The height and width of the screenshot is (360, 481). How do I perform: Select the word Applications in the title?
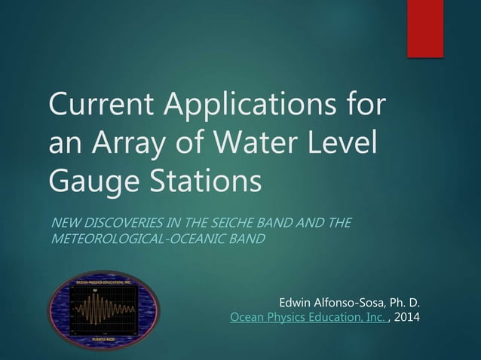click(x=251, y=107)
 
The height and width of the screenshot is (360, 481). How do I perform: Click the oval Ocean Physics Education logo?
click(x=93, y=311)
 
